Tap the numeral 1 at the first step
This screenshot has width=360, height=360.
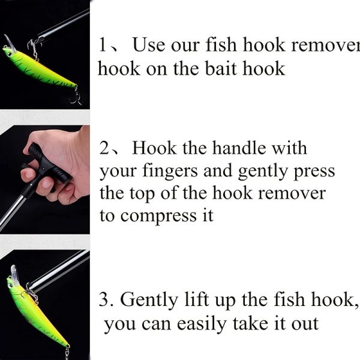(x=103, y=45)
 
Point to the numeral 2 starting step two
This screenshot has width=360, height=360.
(x=104, y=148)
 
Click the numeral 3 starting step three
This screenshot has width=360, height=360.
(x=104, y=299)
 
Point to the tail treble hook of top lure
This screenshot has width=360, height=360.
(x=76, y=97)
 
